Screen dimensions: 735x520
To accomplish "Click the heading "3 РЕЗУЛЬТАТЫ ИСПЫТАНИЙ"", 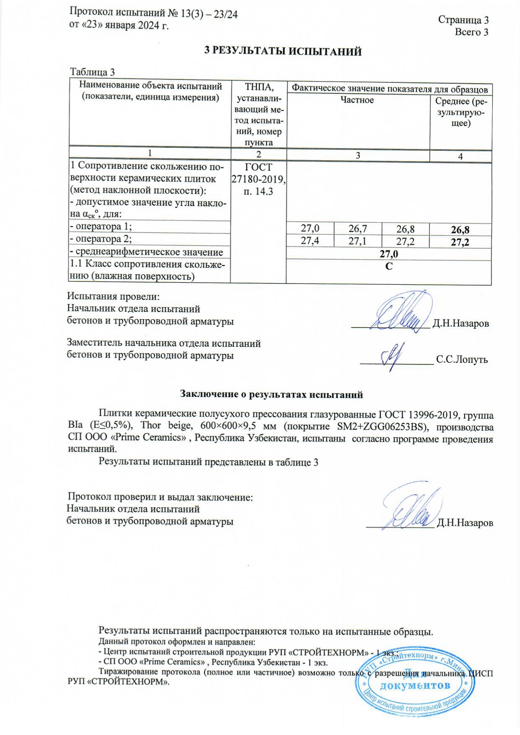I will point(283,52).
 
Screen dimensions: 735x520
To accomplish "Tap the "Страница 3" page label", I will point(463,20).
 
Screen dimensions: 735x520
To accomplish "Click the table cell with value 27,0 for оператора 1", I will point(310,228).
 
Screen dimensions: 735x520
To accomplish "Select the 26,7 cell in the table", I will point(358,228).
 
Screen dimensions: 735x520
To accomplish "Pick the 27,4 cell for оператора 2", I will point(310,241).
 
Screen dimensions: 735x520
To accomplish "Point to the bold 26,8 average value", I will point(460,230).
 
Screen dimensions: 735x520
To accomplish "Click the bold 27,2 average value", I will point(460,242).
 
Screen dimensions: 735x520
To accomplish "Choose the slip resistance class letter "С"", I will point(389,266).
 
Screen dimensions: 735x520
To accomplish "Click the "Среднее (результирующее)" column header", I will point(461,112).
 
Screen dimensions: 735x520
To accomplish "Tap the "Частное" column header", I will point(357,100).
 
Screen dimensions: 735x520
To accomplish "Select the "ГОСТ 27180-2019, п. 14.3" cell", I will point(258,179).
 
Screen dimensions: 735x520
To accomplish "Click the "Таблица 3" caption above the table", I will point(92,72).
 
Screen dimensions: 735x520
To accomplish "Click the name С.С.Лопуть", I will point(462,359).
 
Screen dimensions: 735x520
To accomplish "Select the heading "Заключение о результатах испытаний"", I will point(271,394).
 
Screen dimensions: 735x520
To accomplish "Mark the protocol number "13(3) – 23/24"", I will point(209,14).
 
